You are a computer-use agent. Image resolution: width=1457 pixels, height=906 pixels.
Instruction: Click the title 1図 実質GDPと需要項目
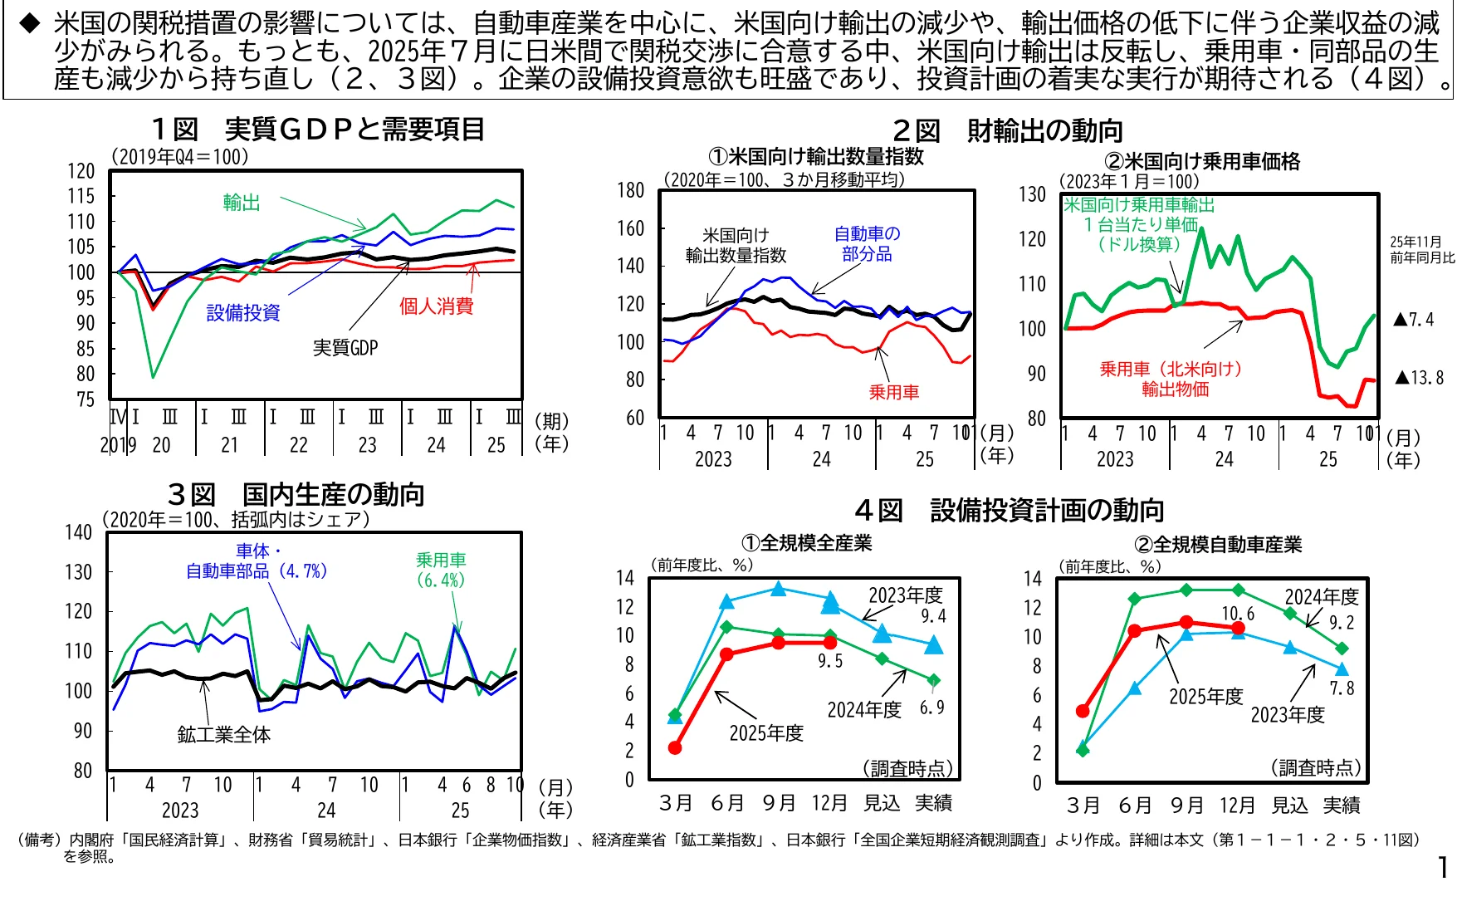pyautogui.click(x=317, y=130)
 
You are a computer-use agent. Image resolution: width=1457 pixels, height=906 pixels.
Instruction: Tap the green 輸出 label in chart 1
pyautogui.click(x=242, y=203)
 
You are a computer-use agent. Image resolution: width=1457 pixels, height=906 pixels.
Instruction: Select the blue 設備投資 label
pyautogui.click(x=243, y=313)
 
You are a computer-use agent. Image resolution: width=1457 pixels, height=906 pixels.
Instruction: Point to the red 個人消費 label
pyautogui.click(x=436, y=306)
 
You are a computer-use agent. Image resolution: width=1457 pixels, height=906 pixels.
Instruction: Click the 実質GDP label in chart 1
pyautogui.click(x=345, y=348)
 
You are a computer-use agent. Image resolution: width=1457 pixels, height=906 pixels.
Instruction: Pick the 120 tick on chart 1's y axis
pyautogui.click(x=81, y=171)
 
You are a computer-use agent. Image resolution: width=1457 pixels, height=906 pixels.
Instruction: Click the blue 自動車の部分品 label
pyautogui.click(x=867, y=244)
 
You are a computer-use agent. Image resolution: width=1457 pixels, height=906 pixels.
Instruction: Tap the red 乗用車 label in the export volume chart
pyautogui.click(x=893, y=392)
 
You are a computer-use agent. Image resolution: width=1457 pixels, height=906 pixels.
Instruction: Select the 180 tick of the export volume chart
pyautogui.click(x=631, y=190)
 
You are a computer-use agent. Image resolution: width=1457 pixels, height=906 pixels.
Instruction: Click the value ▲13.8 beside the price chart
pyautogui.click(x=1420, y=378)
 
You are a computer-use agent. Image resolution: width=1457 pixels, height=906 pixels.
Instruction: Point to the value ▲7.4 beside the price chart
pyautogui.click(x=1414, y=320)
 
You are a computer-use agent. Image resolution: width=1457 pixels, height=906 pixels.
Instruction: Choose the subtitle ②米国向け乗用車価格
pyautogui.click(x=1202, y=162)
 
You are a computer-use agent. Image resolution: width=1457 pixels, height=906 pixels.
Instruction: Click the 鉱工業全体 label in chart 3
pyautogui.click(x=224, y=735)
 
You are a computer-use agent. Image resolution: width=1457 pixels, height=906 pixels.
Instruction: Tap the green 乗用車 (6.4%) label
pyautogui.click(x=441, y=570)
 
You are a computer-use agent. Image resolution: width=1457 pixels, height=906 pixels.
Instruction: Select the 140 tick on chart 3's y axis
pyautogui.click(x=79, y=532)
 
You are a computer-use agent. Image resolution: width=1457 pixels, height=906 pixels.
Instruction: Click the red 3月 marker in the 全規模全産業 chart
pyautogui.click(x=675, y=748)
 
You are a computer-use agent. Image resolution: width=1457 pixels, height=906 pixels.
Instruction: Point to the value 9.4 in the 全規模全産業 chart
pyautogui.click(x=933, y=616)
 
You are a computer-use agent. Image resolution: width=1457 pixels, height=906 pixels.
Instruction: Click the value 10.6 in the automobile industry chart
pyautogui.click(x=1238, y=614)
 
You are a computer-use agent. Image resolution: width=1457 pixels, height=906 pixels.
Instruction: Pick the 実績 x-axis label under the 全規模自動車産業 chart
pyautogui.click(x=1342, y=806)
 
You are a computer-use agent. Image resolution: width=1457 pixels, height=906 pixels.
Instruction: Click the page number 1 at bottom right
pyautogui.click(x=1443, y=867)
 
